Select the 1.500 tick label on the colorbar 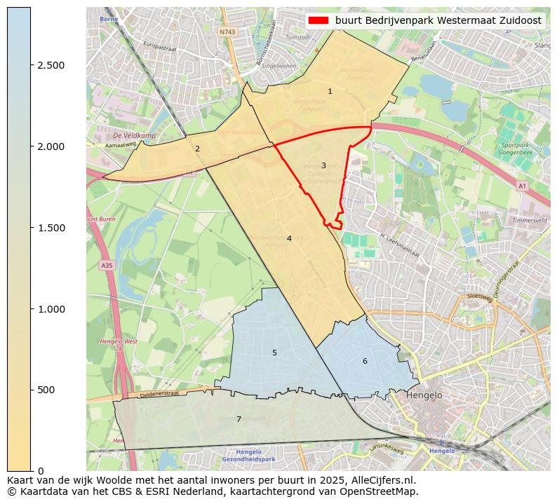pos(51,228)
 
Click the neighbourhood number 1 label pos(330,92)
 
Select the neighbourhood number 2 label pos(197,149)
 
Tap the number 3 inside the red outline pos(323,166)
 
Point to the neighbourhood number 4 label pos(288,239)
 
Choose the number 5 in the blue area pos(274,353)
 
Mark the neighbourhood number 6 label pos(364,362)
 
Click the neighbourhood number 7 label pos(239,420)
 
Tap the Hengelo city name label pos(424,395)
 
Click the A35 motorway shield pos(107,266)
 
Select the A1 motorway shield pos(521,186)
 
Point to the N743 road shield pos(227,32)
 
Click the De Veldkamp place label pos(134,135)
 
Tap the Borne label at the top pos(109,19)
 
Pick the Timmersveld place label pos(529,220)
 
